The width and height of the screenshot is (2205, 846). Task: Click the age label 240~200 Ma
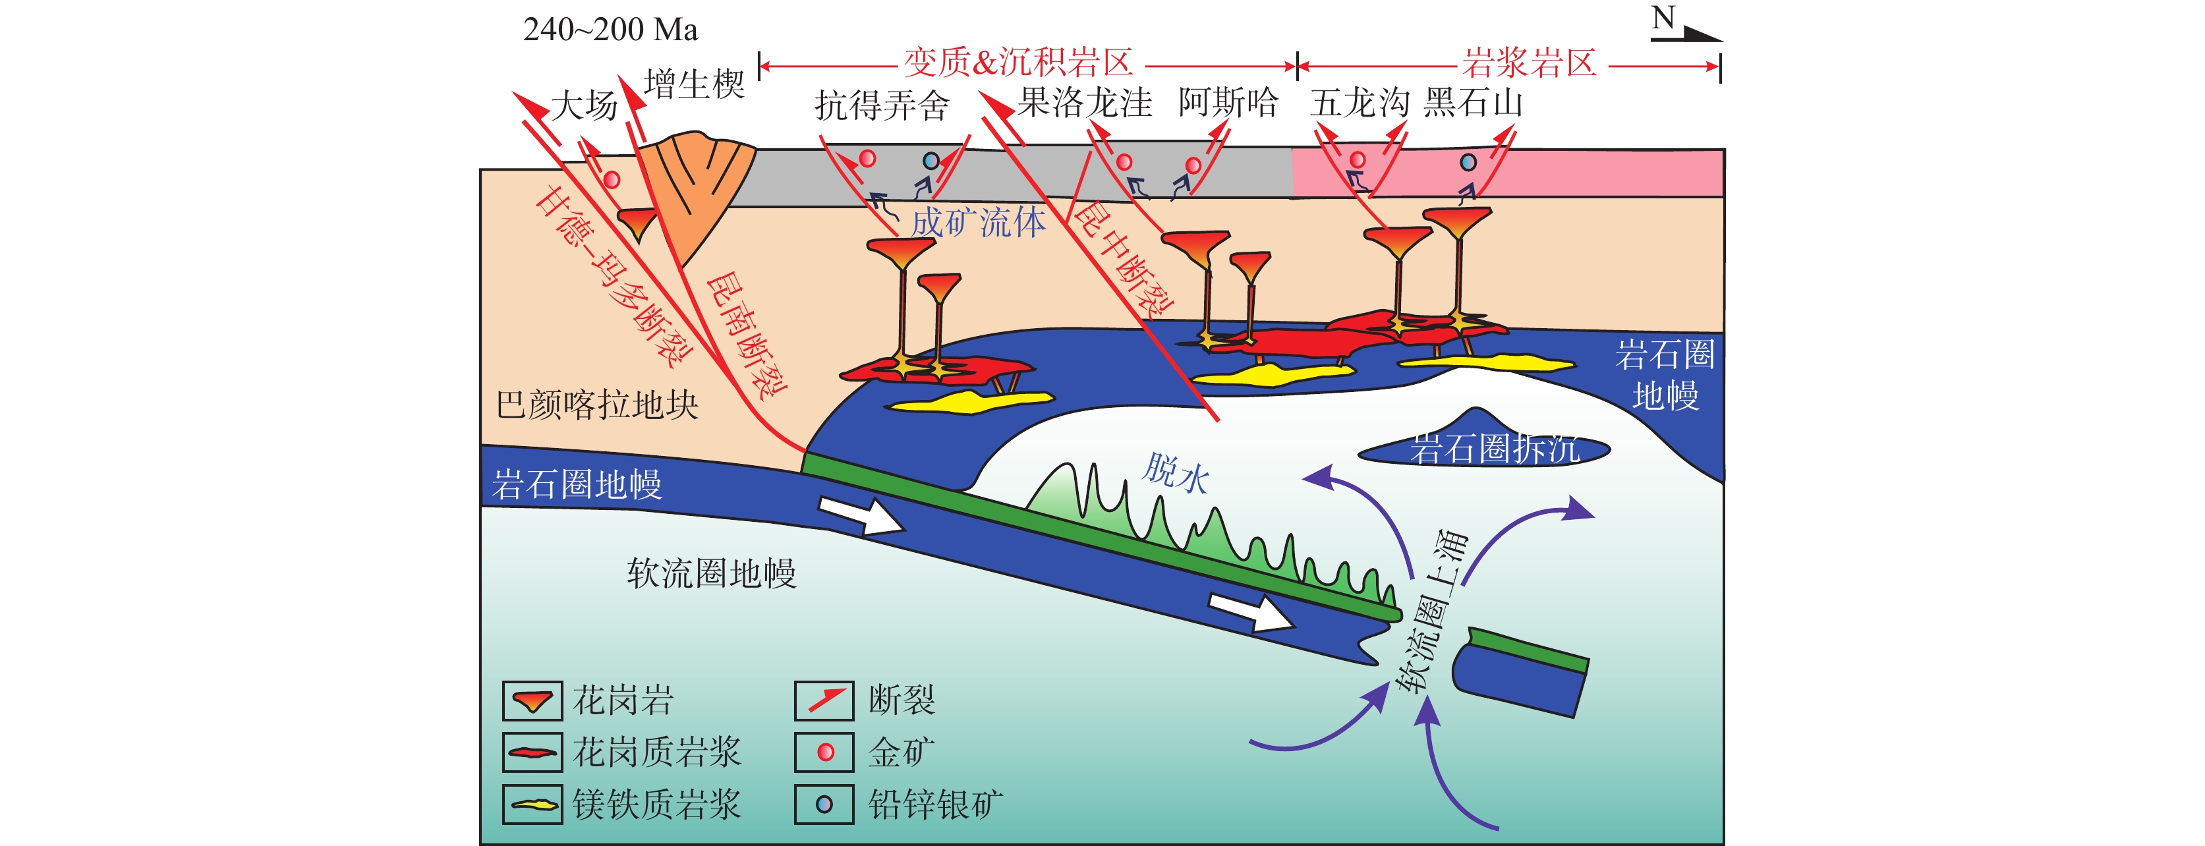pyautogui.click(x=610, y=30)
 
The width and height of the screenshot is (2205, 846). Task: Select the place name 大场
pyautogui.click(x=584, y=107)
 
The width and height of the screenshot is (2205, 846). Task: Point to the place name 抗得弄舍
pyautogui.click(x=882, y=106)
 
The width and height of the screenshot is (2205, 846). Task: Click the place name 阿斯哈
pyautogui.click(x=1228, y=103)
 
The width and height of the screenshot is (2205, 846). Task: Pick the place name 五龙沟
pyautogui.click(x=1360, y=103)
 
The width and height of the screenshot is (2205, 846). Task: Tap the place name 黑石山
pyautogui.click(x=1473, y=103)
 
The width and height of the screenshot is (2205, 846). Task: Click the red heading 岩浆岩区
pyautogui.click(x=1530, y=63)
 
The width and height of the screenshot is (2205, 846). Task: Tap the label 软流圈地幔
pyautogui.click(x=711, y=573)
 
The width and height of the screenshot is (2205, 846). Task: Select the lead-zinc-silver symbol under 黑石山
pyautogui.click(x=1468, y=161)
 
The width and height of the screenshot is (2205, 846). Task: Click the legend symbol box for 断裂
pyautogui.click(x=824, y=700)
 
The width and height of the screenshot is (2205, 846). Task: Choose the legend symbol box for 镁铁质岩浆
pyautogui.click(x=532, y=804)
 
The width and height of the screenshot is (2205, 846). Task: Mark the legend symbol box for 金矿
pyautogui.click(x=824, y=752)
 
